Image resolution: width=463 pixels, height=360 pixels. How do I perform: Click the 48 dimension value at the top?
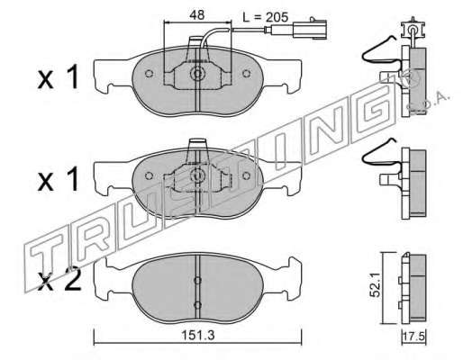(x=197, y=15)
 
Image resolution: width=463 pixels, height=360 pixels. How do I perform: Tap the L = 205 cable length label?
(x=265, y=17)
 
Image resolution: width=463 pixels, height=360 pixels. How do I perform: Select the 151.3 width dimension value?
(x=198, y=335)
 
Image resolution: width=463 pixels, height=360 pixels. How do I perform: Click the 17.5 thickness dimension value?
(x=414, y=337)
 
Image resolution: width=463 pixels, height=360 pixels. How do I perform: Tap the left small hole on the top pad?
(x=149, y=74)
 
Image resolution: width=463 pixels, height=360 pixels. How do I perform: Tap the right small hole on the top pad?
(x=246, y=74)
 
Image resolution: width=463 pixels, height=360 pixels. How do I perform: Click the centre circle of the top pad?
(x=197, y=74)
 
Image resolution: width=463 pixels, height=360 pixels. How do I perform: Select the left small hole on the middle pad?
(x=149, y=176)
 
